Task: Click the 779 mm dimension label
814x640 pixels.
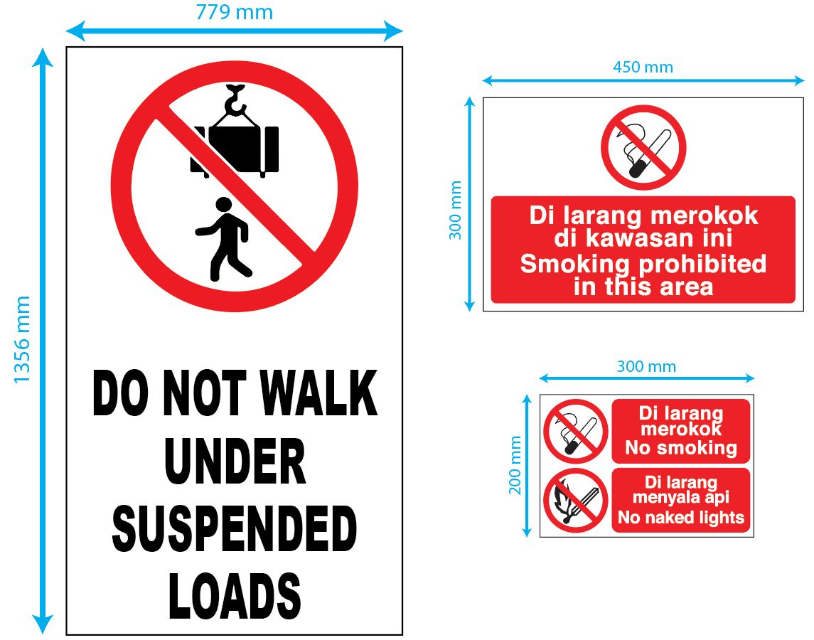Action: tap(234, 12)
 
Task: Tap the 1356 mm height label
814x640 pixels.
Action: tap(23, 340)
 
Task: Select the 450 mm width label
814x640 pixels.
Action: tap(643, 67)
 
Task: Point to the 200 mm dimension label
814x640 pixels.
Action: tap(516, 465)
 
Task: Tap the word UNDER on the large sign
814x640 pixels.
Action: tap(235, 462)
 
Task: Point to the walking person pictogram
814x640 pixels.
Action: tap(224, 238)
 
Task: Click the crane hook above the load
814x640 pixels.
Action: tap(235, 100)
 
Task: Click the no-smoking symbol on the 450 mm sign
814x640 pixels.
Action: tap(643, 147)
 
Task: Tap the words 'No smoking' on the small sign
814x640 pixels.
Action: tap(680, 448)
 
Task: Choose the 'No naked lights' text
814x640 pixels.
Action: tap(680, 518)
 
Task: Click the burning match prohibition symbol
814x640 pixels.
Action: tap(575, 501)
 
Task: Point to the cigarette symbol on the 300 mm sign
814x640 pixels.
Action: tap(575, 431)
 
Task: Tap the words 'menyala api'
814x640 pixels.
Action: tap(680, 498)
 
